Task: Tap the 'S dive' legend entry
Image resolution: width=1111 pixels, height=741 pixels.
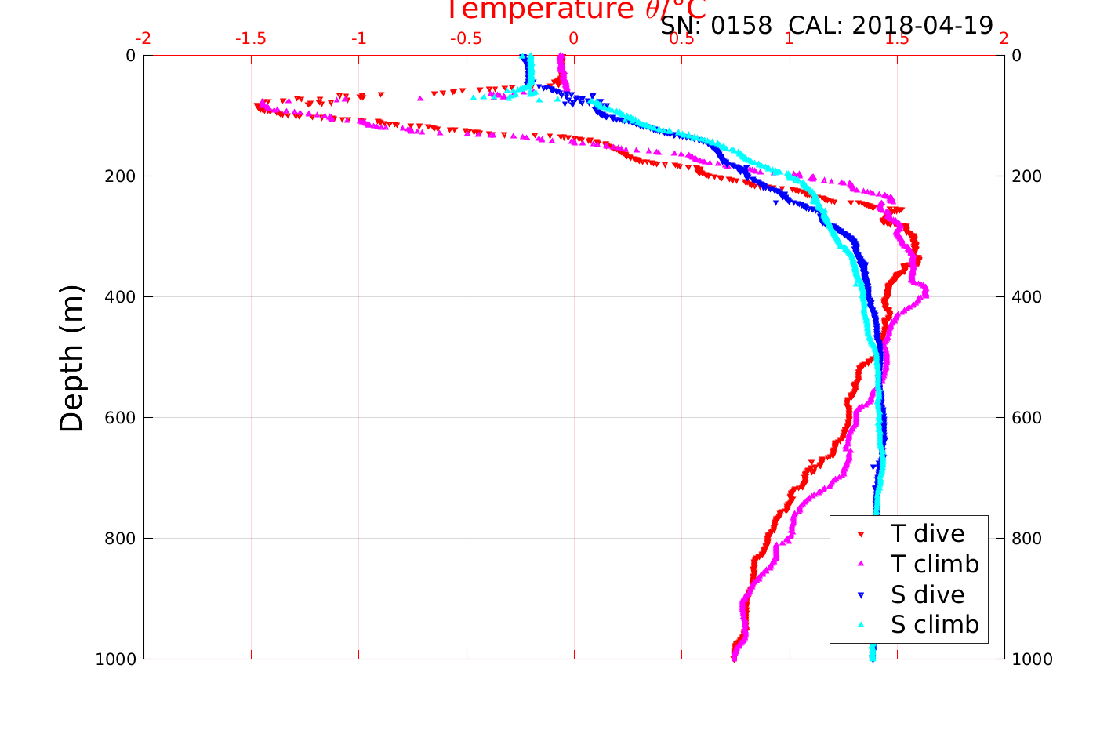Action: tap(927, 594)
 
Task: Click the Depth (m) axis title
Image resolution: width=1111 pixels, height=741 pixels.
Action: tap(71, 358)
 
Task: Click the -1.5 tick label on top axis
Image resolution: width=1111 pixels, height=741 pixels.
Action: tap(251, 38)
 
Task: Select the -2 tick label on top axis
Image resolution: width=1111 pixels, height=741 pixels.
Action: tap(144, 38)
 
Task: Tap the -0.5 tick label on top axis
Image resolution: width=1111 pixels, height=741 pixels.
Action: tap(466, 38)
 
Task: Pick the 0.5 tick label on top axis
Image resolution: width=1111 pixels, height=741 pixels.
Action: tap(681, 38)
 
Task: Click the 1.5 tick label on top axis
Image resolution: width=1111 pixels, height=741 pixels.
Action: tap(896, 38)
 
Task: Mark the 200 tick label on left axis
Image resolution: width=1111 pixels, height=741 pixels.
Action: tap(120, 176)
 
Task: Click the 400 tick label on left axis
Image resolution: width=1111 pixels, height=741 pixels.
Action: tap(120, 297)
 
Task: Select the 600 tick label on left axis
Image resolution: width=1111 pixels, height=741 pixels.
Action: tap(120, 418)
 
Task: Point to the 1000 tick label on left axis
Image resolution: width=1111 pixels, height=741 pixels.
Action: tap(115, 659)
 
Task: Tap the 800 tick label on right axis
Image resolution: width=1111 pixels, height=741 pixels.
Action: tap(1027, 539)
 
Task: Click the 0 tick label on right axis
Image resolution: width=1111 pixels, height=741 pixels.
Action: tap(1017, 56)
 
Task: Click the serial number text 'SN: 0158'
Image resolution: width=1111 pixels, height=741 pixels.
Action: tap(716, 26)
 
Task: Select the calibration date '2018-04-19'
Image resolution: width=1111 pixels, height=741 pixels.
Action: tap(922, 26)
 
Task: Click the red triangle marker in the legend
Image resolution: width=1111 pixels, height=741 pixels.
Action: tap(861, 534)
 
